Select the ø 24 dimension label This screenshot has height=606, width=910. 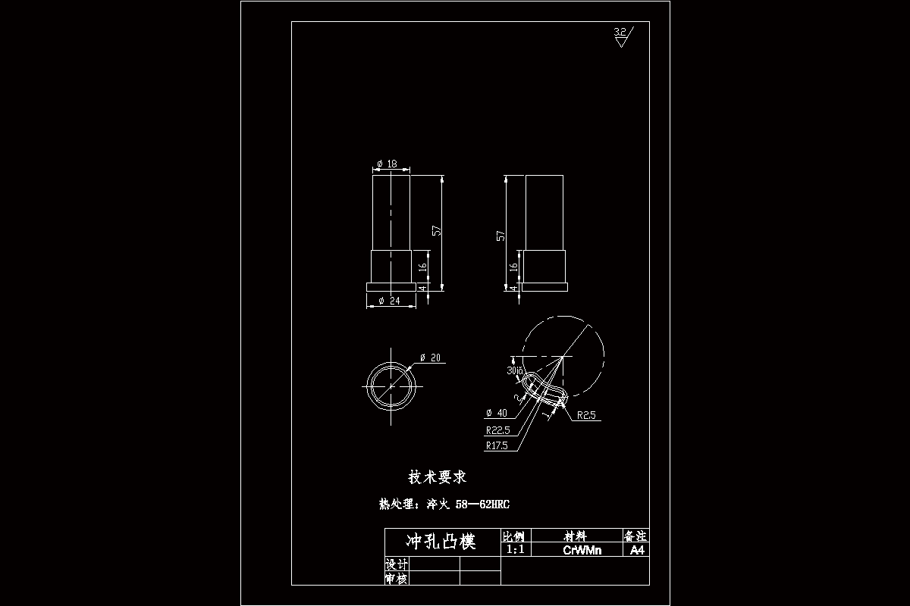tap(388, 301)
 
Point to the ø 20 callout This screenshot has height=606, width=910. tap(431, 358)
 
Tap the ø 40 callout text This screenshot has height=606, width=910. tap(497, 413)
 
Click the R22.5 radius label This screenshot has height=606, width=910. tap(498, 430)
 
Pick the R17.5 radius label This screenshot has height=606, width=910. tap(497, 445)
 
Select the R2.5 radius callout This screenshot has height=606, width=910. tap(588, 415)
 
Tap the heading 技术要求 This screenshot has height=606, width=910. tap(438, 477)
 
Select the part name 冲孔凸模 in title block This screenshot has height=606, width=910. tap(441, 542)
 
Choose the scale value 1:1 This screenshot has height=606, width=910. tap(516, 550)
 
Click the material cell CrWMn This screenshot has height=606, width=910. tap(582, 550)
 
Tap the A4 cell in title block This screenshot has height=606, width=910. tap(637, 550)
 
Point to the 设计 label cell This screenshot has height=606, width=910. tap(397, 564)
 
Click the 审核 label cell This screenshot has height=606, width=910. tap(397, 579)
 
